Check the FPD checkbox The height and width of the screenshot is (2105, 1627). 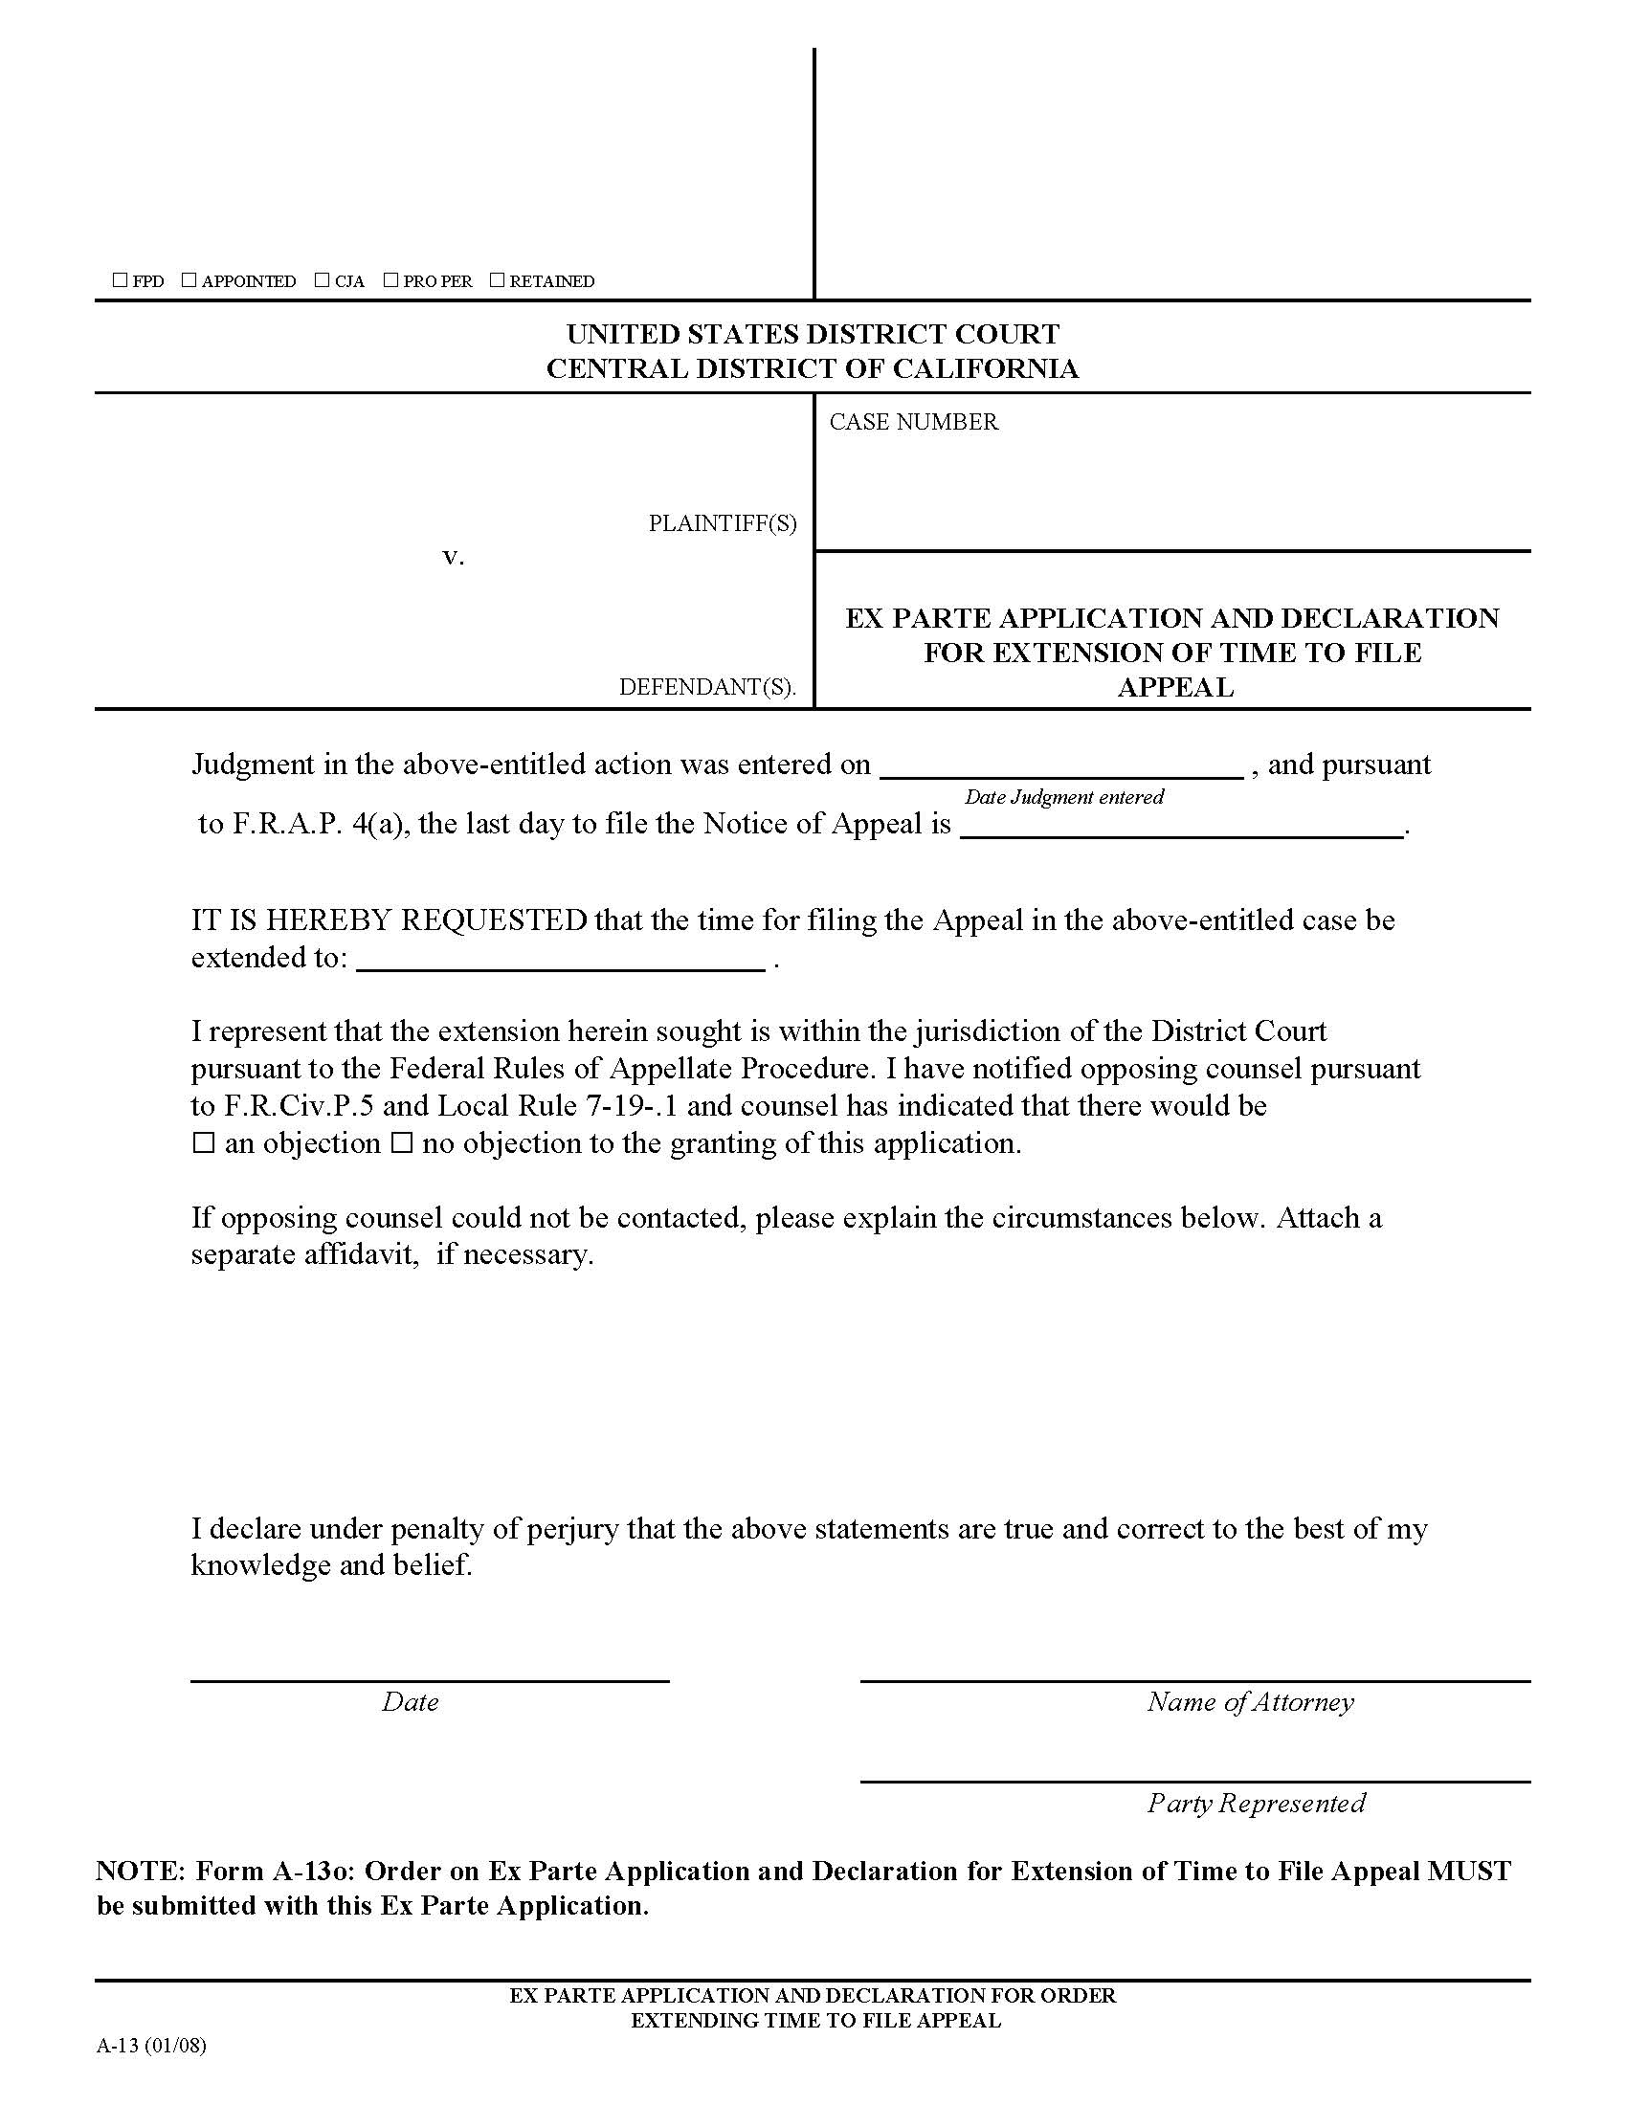(x=120, y=280)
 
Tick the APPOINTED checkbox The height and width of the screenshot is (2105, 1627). (x=189, y=280)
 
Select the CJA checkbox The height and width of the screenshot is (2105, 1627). (x=322, y=280)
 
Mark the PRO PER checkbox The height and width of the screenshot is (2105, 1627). (x=390, y=280)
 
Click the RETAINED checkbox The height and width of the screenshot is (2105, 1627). (x=497, y=280)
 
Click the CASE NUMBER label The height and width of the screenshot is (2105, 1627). (x=913, y=422)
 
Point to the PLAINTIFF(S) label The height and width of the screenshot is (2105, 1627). (x=722, y=523)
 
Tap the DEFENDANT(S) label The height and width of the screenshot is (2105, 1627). (x=706, y=687)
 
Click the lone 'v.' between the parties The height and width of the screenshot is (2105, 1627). (x=453, y=557)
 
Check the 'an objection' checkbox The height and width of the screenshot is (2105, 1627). (x=203, y=1144)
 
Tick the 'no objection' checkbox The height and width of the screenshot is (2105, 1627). (x=402, y=1144)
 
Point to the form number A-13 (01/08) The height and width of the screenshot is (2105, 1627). (x=151, y=2047)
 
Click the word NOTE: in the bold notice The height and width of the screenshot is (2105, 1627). (x=139, y=1872)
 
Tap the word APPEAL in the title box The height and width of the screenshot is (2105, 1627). (x=1175, y=687)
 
